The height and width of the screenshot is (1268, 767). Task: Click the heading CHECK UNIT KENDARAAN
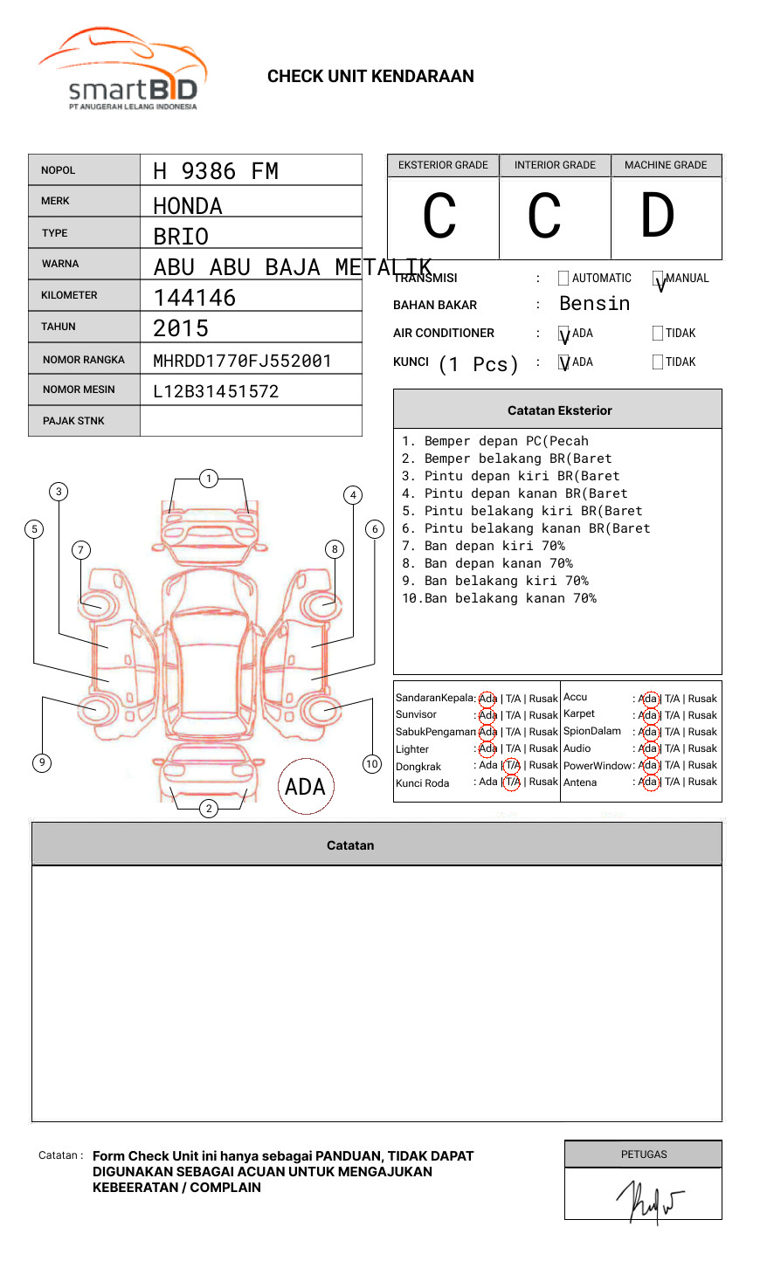point(370,77)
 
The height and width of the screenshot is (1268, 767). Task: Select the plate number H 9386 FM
point(216,171)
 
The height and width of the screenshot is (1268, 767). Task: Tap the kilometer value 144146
point(195,298)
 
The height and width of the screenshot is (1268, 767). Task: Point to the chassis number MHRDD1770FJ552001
point(242,361)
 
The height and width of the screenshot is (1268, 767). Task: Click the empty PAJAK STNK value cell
point(251,421)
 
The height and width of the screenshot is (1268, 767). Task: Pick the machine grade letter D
point(658,216)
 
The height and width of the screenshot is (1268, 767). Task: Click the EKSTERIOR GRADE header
point(443,165)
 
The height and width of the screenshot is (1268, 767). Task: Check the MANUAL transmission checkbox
point(658,279)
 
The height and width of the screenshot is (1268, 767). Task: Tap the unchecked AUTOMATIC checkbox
point(563,279)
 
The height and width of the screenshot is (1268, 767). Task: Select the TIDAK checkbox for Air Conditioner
point(658,334)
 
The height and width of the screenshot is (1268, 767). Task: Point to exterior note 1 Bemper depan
point(495,442)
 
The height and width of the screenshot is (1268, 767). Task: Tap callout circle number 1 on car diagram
point(208,479)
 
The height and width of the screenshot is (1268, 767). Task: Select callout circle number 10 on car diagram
point(372,764)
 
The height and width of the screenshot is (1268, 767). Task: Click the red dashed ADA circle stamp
point(305,787)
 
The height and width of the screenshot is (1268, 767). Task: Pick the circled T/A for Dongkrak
point(512,766)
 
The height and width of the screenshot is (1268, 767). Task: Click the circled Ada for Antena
point(648,782)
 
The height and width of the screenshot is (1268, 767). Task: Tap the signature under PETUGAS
point(647,1202)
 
